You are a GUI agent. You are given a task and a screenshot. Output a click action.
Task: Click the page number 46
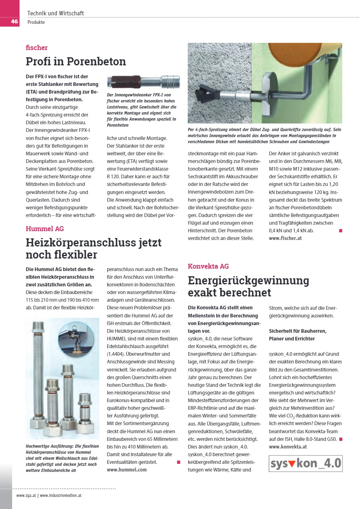coord(14,21)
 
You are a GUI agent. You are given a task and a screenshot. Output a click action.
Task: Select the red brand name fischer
coord(37,48)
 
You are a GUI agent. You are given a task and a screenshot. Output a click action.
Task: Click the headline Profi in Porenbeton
coord(76,61)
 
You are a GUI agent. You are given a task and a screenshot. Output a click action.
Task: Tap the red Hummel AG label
coord(45,229)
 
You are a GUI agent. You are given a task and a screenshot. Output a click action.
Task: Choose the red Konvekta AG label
coord(208,266)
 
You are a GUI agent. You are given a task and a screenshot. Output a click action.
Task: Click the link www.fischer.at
coord(285,238)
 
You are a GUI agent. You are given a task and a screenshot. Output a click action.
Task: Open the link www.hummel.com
coord(127,469)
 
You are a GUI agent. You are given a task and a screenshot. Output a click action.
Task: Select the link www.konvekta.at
coord(288,446)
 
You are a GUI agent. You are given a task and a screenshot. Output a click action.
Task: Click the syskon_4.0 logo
coord(306,463)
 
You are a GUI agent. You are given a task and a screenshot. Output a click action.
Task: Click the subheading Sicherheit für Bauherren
coord(298,331)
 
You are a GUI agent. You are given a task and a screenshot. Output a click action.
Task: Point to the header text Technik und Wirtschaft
coord(56,13)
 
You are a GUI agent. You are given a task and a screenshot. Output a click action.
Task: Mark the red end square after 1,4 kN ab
coord(341,230)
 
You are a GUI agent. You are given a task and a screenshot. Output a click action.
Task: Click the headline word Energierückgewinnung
coord(248,280)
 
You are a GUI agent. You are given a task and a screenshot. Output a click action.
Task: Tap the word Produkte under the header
coord(36,22)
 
